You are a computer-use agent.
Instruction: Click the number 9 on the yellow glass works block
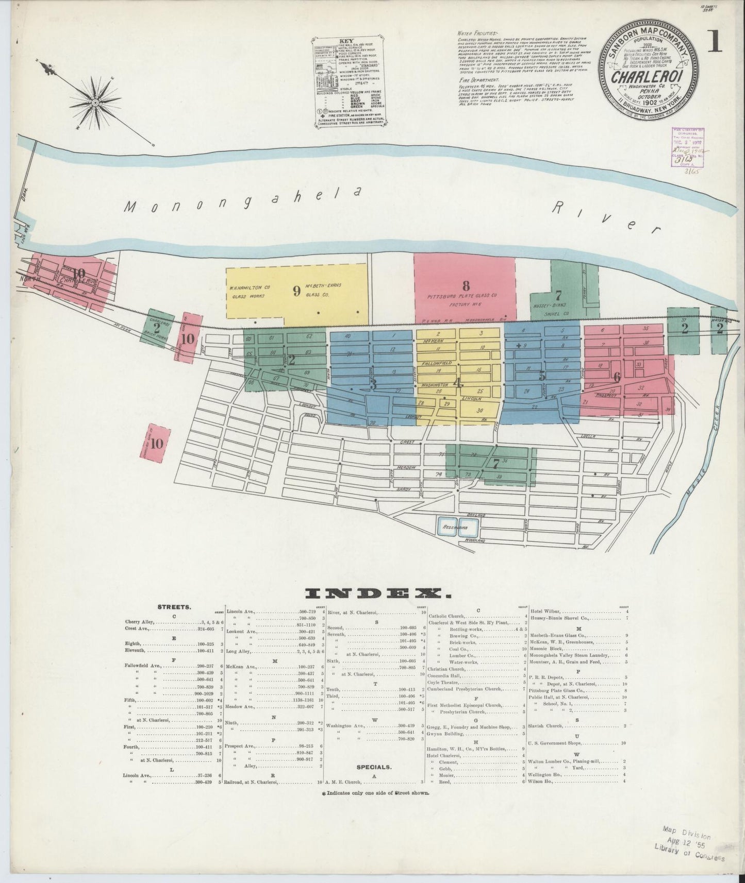click(296, 291)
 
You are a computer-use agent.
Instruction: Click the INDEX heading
click(378, 594)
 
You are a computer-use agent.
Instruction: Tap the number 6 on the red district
click(617, 377)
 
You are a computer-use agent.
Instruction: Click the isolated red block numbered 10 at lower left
click(157, 443)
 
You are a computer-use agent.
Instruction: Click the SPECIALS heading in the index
click(374, 766)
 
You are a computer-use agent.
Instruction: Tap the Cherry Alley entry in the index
click(139, 622)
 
